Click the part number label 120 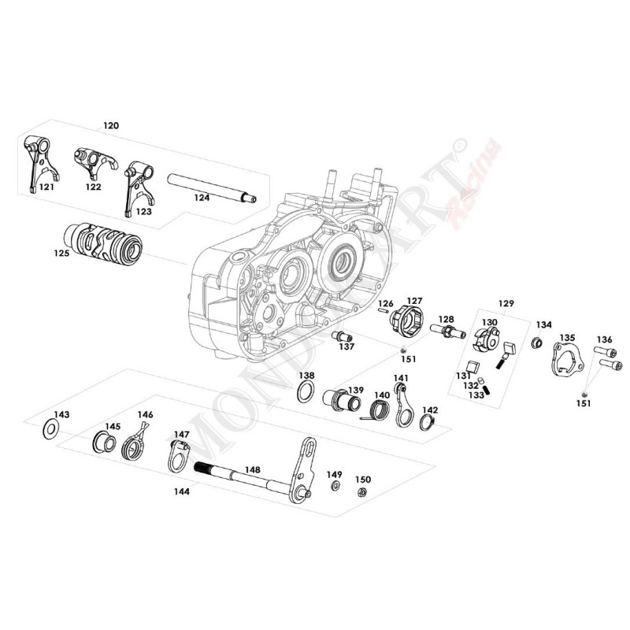[x=112, y=126]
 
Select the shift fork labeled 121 [x=36, y=161]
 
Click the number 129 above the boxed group [x=506, y=303]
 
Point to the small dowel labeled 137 [x=344, y=344]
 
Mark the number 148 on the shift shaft [x=251, y=469]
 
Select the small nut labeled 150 [x=363, y=493]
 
